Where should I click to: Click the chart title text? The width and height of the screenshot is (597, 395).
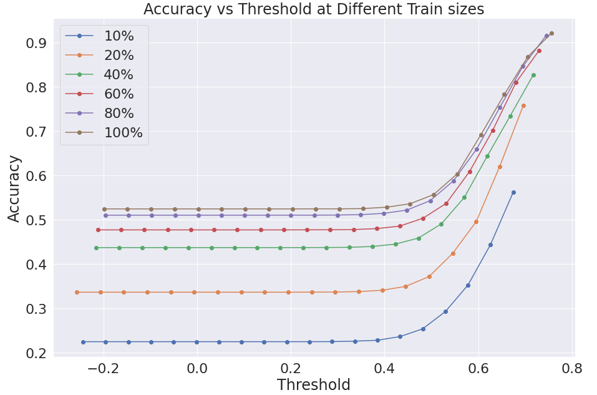click(x=313, y=9)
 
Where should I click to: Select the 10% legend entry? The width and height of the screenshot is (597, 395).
click(x=99, y=36)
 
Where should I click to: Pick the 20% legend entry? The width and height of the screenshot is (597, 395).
click(x=99, y=56)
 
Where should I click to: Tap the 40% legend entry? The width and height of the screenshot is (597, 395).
click(x=99, y=74)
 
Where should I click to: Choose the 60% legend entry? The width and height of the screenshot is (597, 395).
click(x=99, y=94)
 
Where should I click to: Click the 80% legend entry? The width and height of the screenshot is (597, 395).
click(x=99, y=113)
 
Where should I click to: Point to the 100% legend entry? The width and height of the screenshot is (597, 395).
click(x=104, y=132)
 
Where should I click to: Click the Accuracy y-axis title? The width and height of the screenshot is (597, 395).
click(x=14, y=188)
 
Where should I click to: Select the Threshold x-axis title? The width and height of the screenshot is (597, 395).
click(x=313, y=385)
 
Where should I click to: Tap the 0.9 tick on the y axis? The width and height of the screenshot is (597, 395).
click(x=36, y=43)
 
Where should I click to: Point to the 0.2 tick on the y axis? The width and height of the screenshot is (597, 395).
click(x=36, y=353)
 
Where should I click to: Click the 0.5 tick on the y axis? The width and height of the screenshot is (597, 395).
click(x=36, y=220)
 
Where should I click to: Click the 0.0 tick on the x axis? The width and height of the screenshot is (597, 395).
click(x=197, y=368)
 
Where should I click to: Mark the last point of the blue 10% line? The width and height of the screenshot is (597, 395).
click(x=513, y=193)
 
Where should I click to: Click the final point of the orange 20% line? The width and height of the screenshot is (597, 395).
click(x=523, y=106)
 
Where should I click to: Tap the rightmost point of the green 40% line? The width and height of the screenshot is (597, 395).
click(x=533, y=76)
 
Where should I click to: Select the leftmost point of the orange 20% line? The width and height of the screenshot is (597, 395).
click(x=77, y=293)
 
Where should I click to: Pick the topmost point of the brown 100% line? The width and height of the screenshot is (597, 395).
click(x=551, y=34)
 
